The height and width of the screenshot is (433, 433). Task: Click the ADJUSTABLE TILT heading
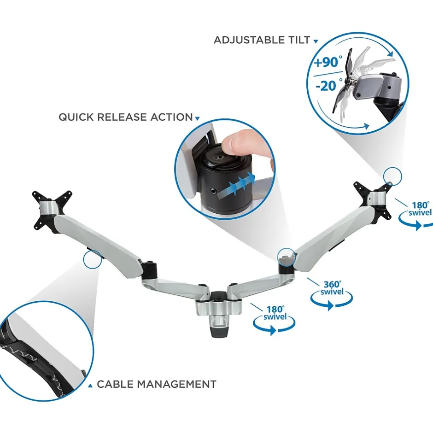point(262,40)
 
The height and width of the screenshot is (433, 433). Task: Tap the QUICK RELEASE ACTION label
point(126,117)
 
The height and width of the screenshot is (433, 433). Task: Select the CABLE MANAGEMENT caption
point(157,384)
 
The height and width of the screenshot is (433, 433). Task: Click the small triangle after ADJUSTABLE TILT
point(316,41)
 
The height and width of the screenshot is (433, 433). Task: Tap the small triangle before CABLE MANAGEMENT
point(90,386)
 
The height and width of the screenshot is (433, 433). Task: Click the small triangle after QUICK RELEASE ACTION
point(198,119)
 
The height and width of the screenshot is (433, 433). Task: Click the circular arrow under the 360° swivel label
point(331,302)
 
